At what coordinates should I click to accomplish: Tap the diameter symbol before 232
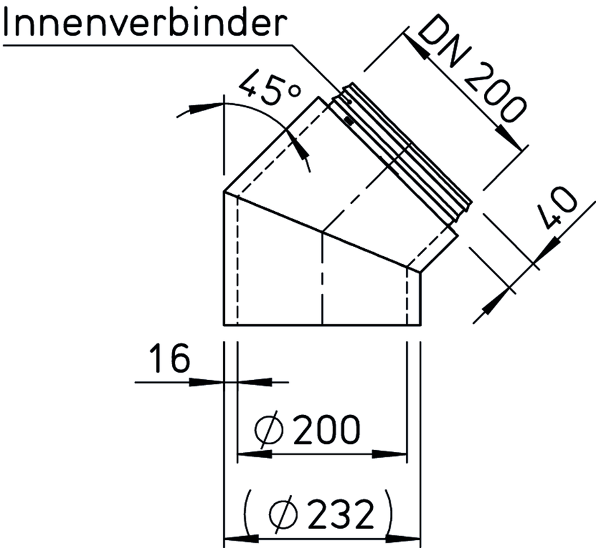pyautogui.click(x=283, y=514)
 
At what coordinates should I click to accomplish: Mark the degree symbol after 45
pyautogui.click(x=295, y=91)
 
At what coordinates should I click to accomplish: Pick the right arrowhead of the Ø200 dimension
pyautogui.click(x=389, y=454)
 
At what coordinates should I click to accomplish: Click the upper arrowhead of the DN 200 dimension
pyautogui.click(x=415, y=46)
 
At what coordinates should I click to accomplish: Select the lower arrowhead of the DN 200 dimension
pyautogui.click(x=509, y=138)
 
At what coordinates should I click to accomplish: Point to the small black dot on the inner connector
pyautogui.click(x=348, y=120)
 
